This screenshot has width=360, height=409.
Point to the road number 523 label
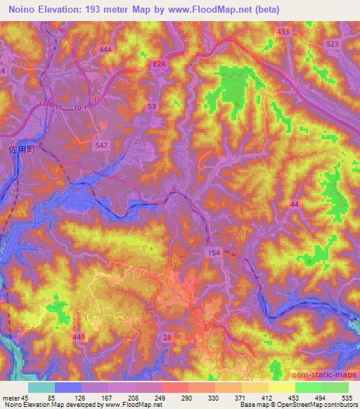(333, 44)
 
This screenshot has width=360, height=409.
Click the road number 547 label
(101, 144)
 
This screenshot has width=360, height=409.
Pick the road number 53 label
(151, 106)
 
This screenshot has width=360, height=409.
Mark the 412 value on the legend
(286, 396)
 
